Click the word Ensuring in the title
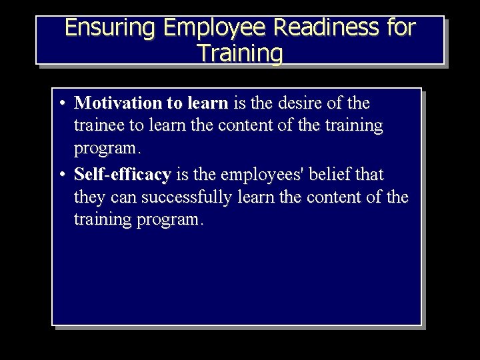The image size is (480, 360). point(111,28)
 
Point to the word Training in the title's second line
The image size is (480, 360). point(240,53)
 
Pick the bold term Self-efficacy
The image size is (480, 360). point(123,175)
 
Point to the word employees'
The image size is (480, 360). point(265,175)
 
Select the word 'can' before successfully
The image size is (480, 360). point(125,198)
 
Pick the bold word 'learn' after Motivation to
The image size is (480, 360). point(207,103)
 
